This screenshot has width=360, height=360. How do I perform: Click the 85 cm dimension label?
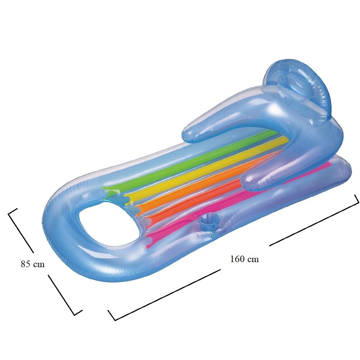click(x=33, y=264)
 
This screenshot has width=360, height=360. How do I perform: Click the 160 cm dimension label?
click(x=244, y=259)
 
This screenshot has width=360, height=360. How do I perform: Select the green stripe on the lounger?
click(x=184, y=161)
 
